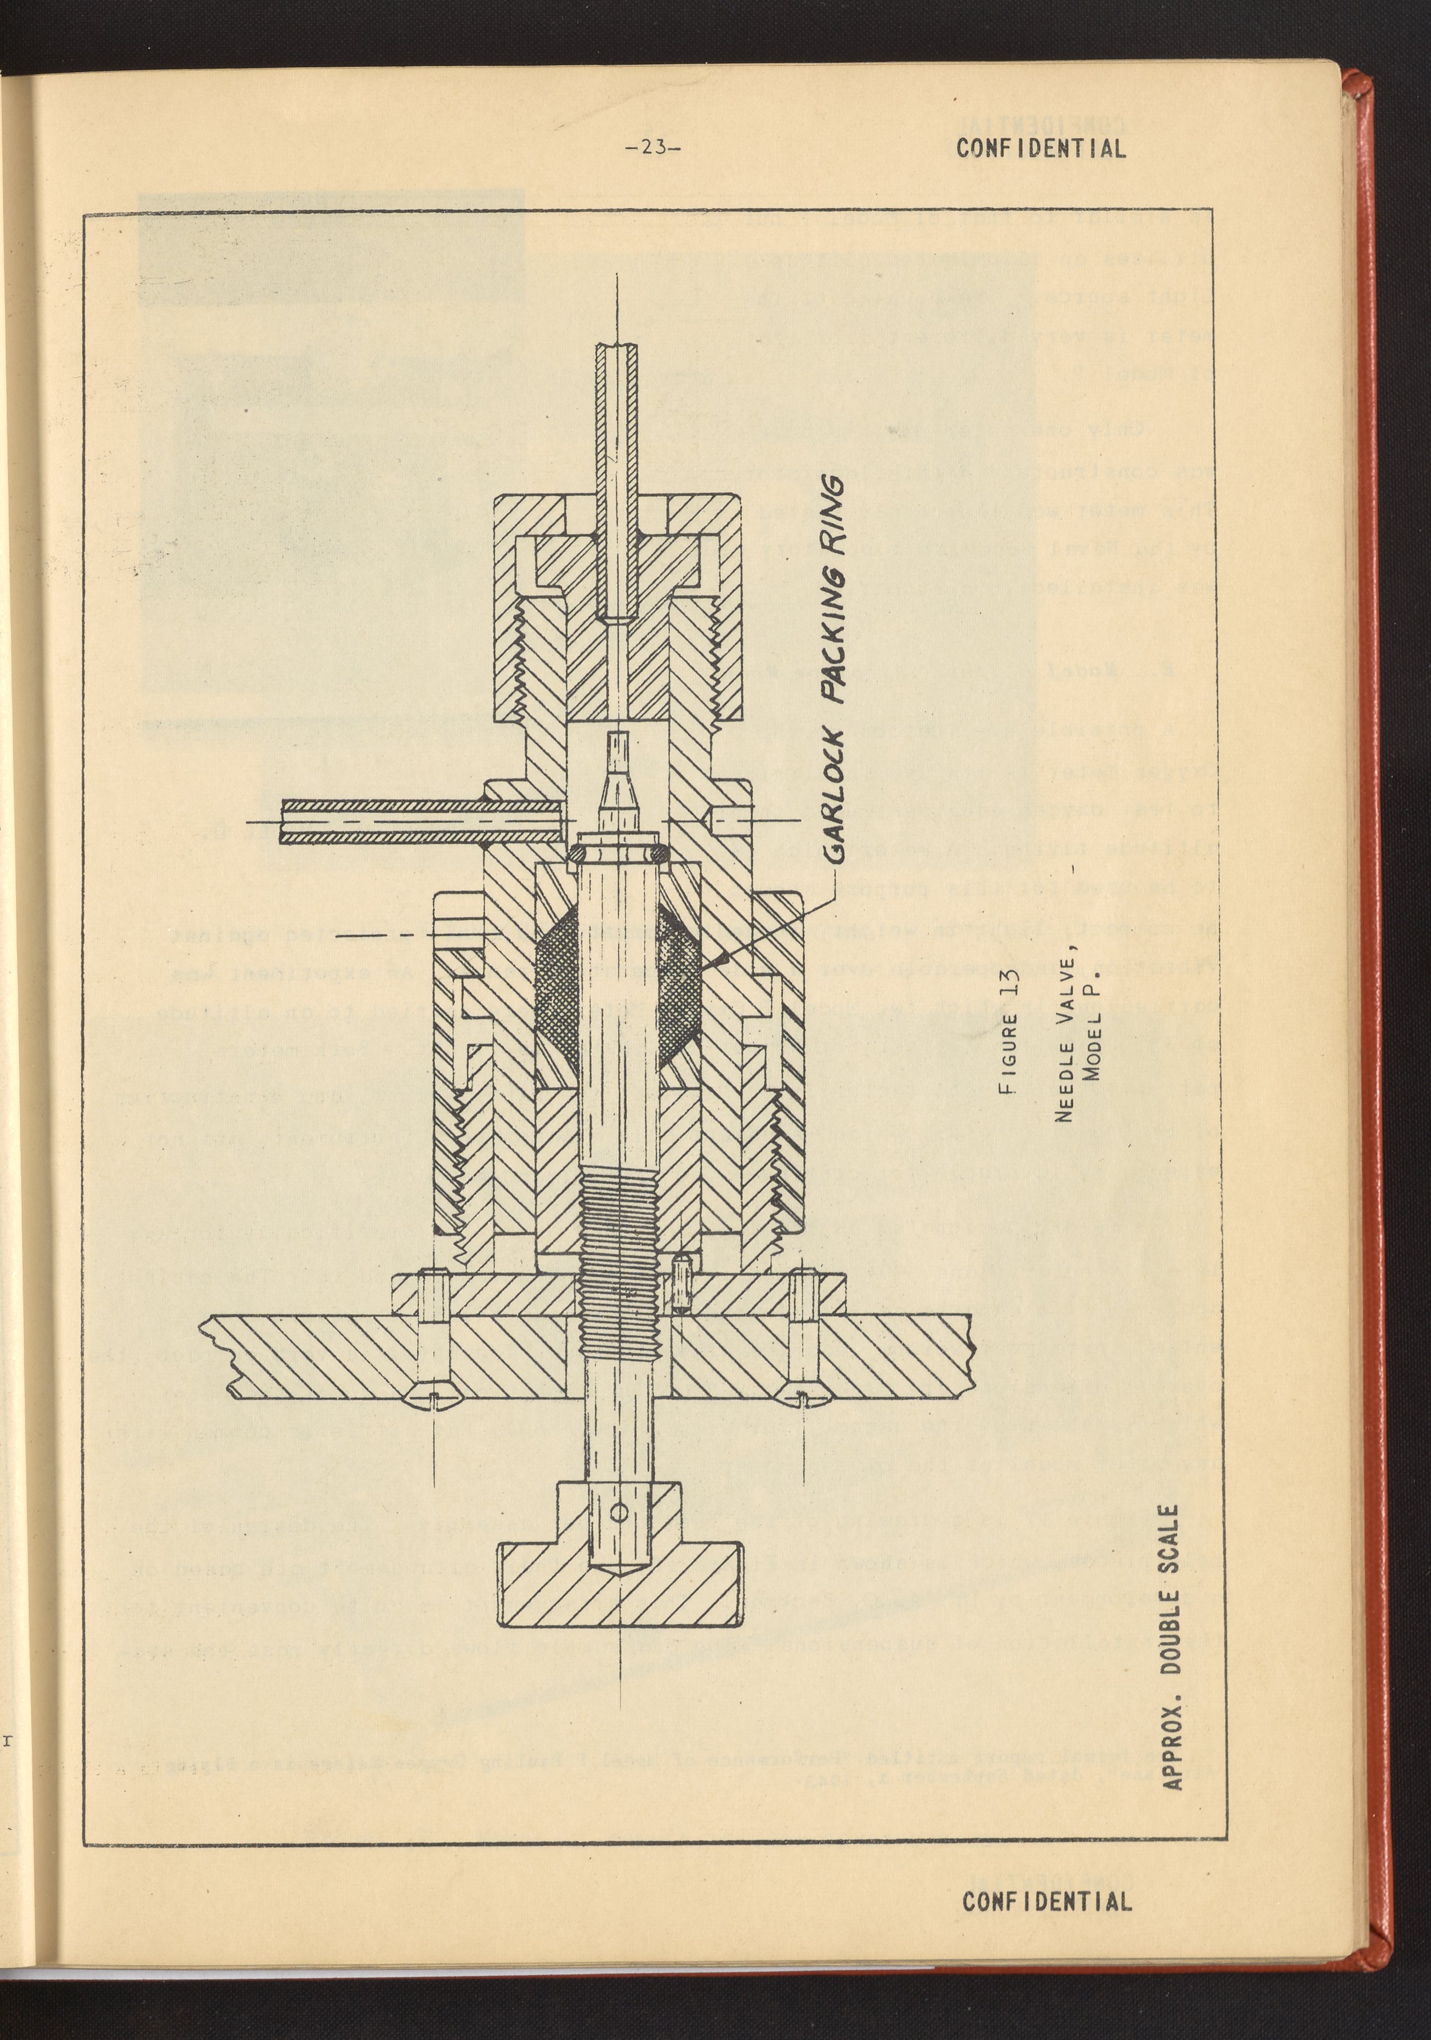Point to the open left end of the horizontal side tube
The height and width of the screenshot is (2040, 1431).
click(282, 822)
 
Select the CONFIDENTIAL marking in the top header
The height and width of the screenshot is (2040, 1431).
click(1041, 149)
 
